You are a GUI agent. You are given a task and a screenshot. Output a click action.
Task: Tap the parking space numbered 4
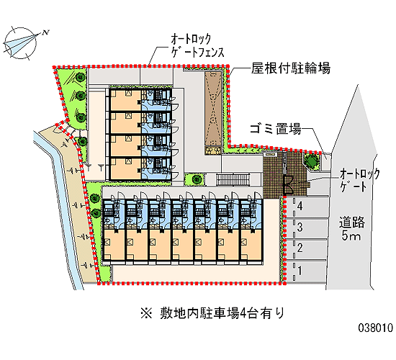click(306, 207)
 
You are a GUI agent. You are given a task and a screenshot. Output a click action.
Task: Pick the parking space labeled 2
click(306, 249)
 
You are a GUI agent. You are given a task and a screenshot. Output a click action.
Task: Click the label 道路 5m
click(352, 229)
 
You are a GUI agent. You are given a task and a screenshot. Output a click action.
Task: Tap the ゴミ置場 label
click(275, 128)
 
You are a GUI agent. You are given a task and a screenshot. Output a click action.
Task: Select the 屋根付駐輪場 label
click(290, 68)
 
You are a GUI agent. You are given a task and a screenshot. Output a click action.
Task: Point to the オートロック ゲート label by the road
click(359, 181)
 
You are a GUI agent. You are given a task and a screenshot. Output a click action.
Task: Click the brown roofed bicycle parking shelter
click(213, 109)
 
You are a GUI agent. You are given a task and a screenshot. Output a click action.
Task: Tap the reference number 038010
click(376, 328)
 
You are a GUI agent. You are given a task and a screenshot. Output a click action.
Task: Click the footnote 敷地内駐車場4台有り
click(222, 313)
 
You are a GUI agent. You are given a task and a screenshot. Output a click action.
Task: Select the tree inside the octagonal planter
click(312, 161)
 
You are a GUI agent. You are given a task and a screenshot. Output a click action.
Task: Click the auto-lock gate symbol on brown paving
click(288, 184)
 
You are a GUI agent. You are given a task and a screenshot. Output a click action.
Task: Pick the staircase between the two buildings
click(233, 179)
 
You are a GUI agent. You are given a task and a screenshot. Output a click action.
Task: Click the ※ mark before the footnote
click(146, 313)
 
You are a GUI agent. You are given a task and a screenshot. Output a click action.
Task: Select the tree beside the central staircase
click(197, 179)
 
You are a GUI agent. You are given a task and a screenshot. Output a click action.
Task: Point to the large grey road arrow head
click(354, 119)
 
